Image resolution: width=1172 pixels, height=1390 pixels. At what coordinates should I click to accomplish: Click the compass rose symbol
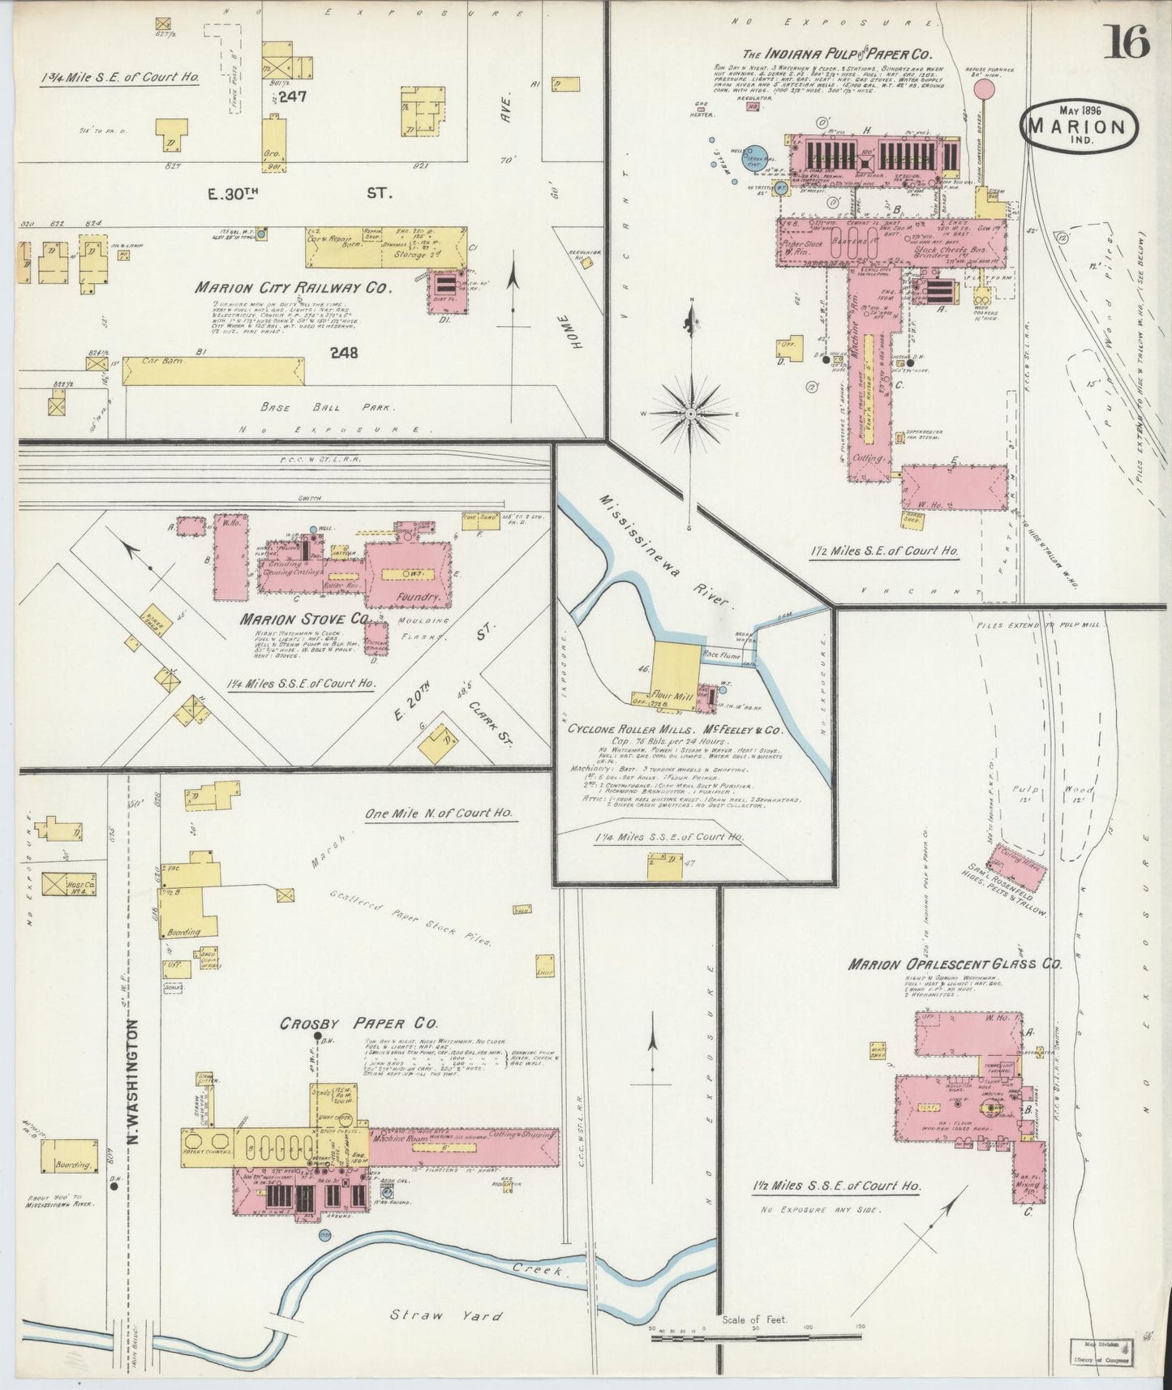pyautogui.click(x=689, y=414)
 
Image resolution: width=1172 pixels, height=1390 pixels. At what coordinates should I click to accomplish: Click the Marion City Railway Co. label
pyautogui.click(x=293, y=288)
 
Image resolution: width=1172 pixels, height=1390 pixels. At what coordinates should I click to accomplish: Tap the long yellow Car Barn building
pyautogui.click(x=214, y=370)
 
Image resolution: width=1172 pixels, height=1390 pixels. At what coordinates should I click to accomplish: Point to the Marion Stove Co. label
pyautogui.click(x=305, y=619)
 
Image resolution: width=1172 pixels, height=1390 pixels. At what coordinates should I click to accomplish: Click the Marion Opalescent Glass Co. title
pyautogui.click(x=955, y=964)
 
